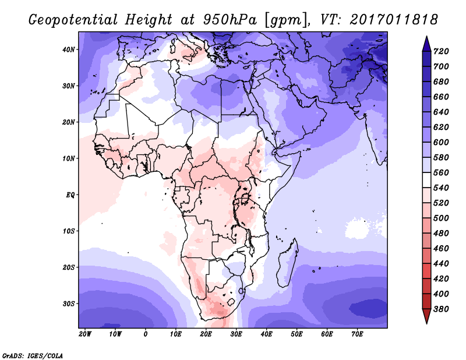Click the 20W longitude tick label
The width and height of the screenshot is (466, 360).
[x=85, y=334]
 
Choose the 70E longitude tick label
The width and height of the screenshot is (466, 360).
[x=357, y=334]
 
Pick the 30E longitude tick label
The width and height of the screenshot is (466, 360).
[x=236, y=334]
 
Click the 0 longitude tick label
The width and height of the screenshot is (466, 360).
[x=146, y=334]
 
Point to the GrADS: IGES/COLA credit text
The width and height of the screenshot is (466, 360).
[x=32, y=355]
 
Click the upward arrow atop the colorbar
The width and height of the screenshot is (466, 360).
[x=426, y=42]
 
